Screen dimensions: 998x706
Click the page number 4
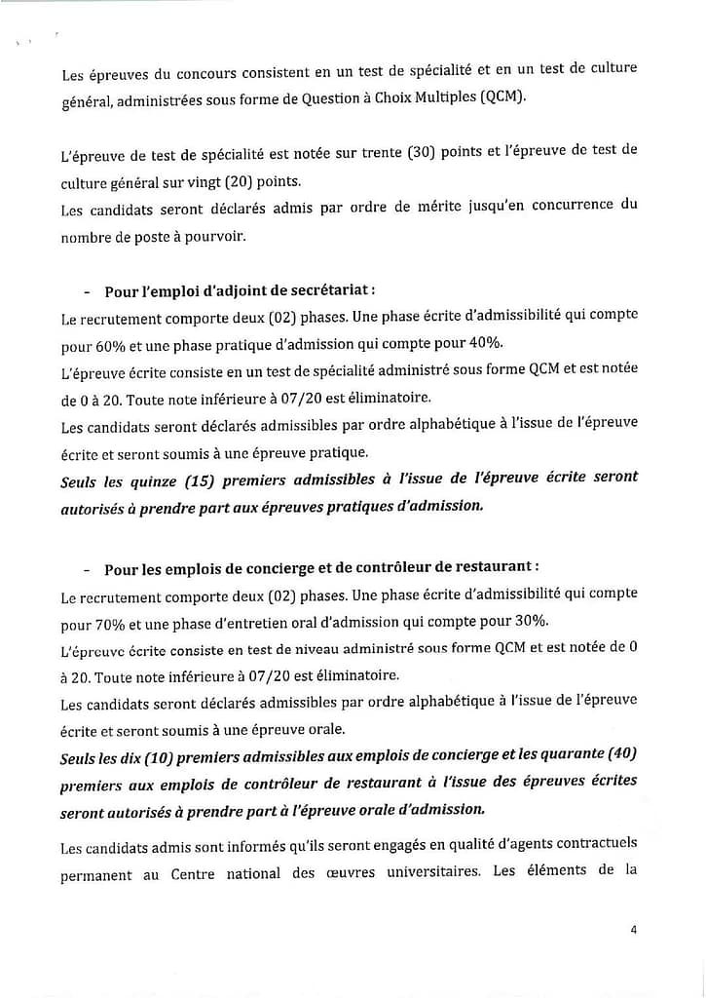(x=634, y=930)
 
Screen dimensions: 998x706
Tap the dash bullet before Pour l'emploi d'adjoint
(x=88, y=291)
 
